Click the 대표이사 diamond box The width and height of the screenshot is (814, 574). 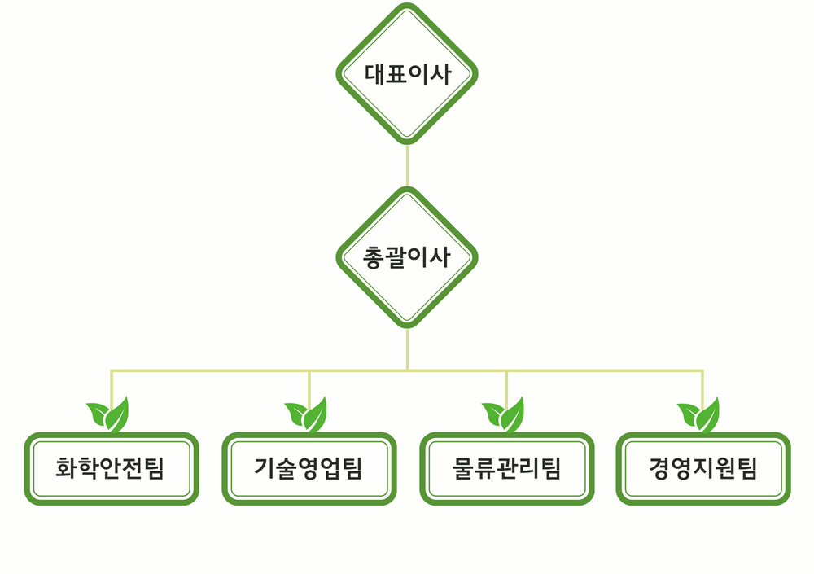(407, 74)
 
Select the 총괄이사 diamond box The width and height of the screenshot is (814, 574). (407, 257)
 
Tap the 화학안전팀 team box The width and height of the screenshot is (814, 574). (112, 468)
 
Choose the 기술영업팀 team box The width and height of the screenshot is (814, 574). (309, 468)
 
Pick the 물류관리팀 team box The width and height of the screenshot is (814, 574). (506, 468)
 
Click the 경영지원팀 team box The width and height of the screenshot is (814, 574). (703, 468)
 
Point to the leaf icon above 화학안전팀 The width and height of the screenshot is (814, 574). (109, 415)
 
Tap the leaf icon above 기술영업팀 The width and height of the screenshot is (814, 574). (307, 415)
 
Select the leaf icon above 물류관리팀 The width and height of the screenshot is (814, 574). (505, 415)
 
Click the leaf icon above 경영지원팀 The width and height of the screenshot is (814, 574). (700, 415)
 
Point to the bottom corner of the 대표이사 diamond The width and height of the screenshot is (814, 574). (407, 142)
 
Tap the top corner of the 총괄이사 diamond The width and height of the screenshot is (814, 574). (407, 190)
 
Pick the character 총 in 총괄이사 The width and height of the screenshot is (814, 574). (374, 257)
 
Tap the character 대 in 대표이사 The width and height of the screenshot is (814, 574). (374, 74)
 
